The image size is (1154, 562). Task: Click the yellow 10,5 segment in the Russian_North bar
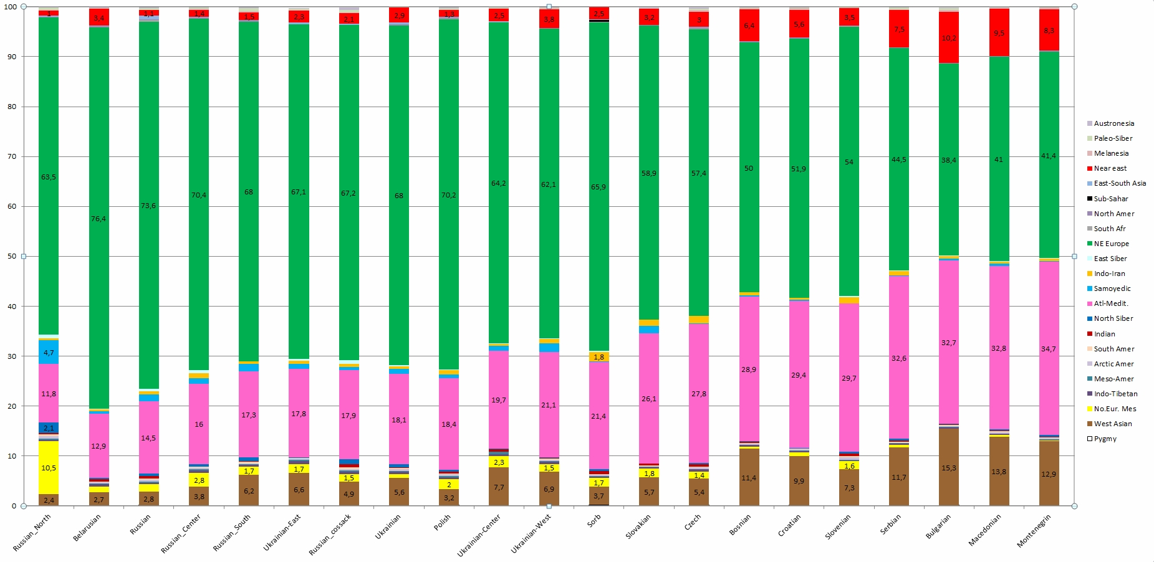(49, 468)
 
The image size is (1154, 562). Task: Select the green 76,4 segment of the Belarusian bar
(99, 218)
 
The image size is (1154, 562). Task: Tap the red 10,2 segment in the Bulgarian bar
(948, 38)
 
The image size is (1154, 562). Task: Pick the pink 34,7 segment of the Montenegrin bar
(1049, 348)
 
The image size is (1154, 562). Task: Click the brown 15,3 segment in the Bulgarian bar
(948, 467)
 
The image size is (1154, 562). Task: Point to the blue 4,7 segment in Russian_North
(49, 352)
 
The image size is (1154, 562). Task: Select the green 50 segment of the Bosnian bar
(749, 168)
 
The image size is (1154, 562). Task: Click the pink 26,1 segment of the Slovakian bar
(648, 398)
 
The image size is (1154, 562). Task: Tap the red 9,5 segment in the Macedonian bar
(999, 33)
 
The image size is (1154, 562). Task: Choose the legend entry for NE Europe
(1111, 244)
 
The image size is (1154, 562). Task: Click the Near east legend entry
(1110, 168)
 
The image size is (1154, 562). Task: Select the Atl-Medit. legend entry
(1111, 303)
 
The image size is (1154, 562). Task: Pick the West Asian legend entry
(1112, 424)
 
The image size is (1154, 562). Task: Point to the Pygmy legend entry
(1105, 439)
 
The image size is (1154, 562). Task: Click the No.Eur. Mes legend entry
(1115, 409)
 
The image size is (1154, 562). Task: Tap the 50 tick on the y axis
(12, 256)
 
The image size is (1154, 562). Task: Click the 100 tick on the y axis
(11, 7)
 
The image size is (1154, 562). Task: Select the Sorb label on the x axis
(594, 521)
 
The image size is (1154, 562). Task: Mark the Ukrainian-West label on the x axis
(531, 533)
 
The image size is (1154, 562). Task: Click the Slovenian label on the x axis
(837, 527)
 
